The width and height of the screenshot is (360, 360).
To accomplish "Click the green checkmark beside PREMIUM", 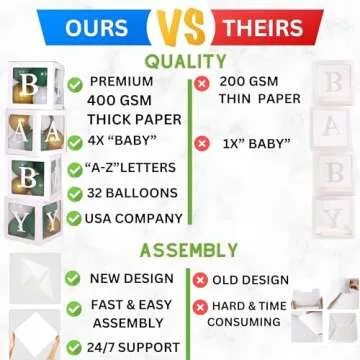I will [75, 82].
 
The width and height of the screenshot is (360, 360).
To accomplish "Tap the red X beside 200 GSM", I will [203, 82].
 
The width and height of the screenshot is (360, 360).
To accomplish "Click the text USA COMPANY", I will [128, 218].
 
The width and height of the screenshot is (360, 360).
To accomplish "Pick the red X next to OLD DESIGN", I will [199, 278].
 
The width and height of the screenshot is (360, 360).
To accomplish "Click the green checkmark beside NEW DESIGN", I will [73, 278].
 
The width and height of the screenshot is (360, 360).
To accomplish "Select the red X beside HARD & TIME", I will [199, 306].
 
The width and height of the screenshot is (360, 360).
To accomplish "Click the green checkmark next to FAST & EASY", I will [73, 306].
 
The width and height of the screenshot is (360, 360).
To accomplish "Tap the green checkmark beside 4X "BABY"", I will [75, 142].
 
